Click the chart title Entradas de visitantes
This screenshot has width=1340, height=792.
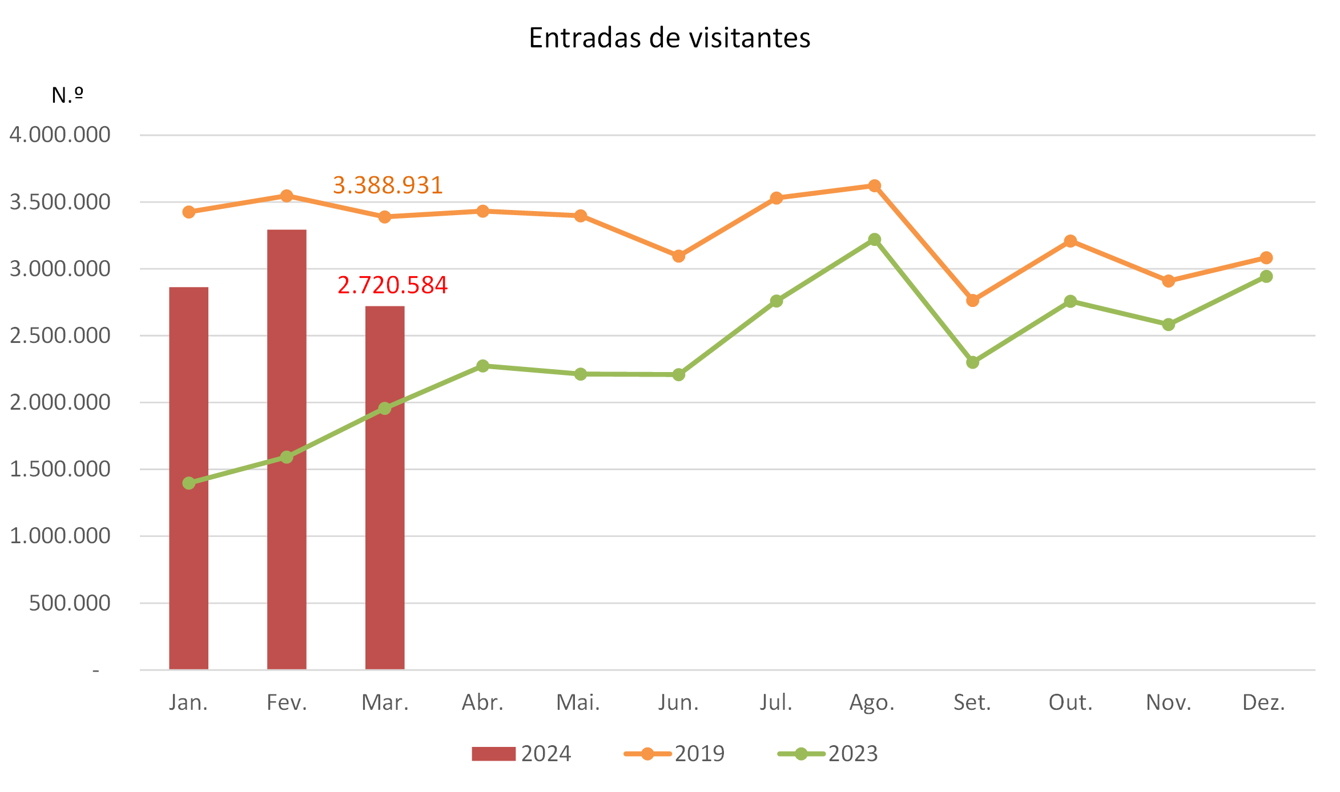[669, 38]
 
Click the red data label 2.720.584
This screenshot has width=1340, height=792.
[392, 285]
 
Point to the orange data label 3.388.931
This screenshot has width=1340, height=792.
[388, 185]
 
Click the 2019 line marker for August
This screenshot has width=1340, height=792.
[874, 186]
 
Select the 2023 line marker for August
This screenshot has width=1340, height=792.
[874, 240]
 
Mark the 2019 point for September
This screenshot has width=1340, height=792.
[972, 300]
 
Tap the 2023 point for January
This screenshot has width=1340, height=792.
[189, 483]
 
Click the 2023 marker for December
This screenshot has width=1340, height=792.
[1266, 276]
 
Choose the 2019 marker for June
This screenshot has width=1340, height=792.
[678, 256]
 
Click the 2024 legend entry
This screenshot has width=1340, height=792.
[521, 754]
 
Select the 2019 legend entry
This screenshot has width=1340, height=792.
[674, 754]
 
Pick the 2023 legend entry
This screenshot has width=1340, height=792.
[828, 754]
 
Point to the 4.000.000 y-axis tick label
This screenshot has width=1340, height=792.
[60, 135]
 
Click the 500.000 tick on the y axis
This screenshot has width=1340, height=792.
[70, 603]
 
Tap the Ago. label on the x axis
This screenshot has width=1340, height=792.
[872, 702]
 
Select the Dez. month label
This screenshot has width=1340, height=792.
[1263, 702]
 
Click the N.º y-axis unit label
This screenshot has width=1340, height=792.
[67, 95]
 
